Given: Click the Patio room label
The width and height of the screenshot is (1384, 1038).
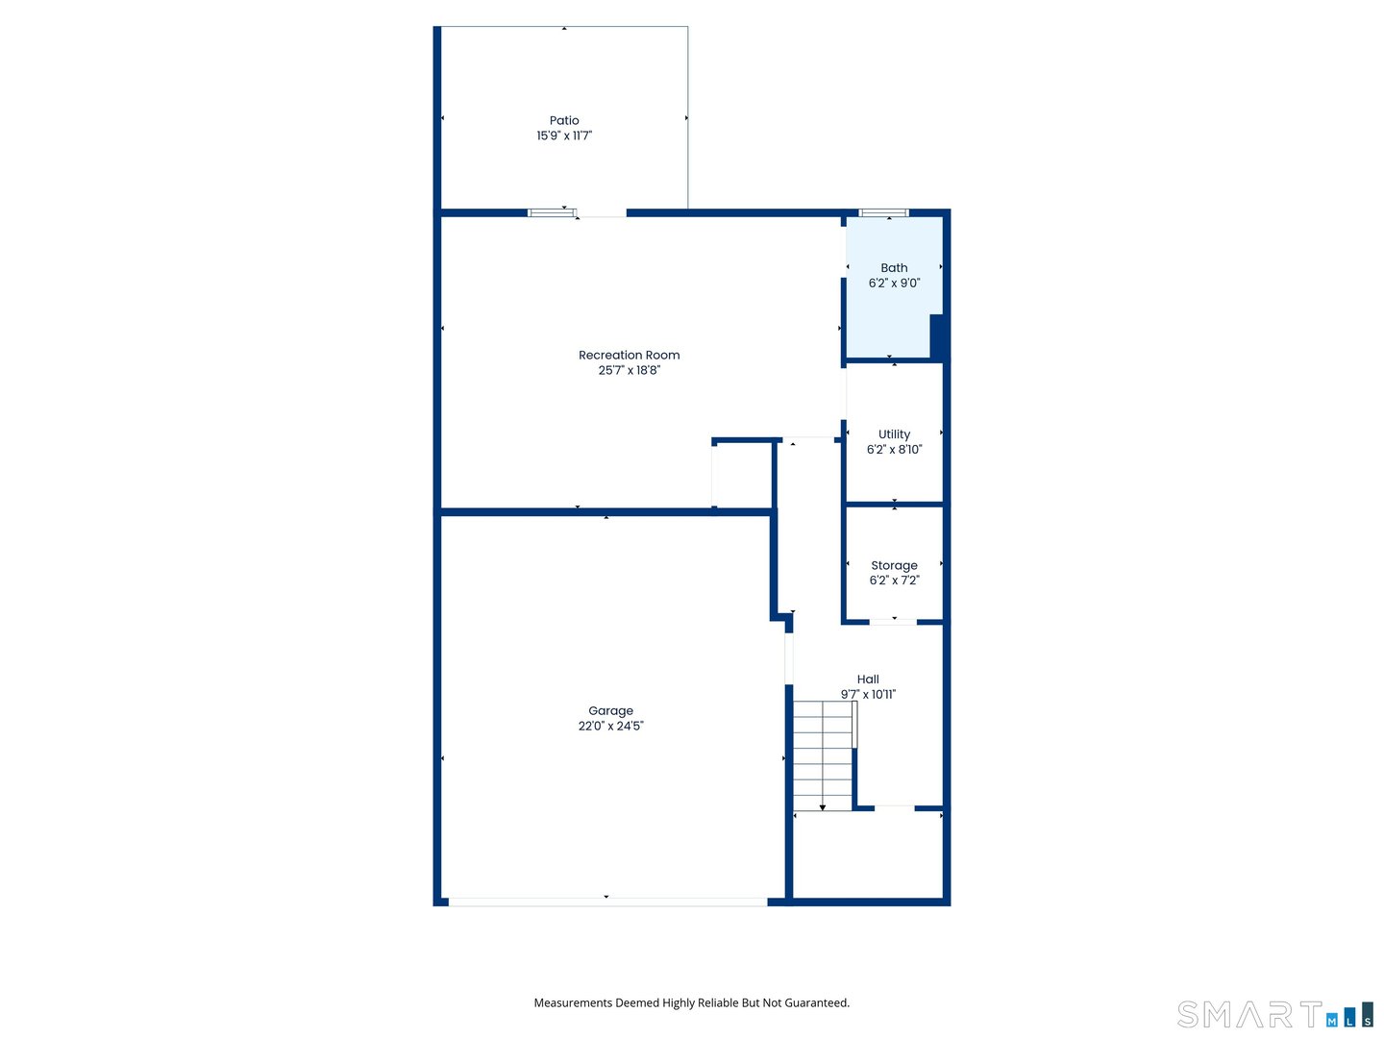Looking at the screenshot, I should (564, 120).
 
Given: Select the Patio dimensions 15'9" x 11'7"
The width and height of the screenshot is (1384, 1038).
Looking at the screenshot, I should (564, 136).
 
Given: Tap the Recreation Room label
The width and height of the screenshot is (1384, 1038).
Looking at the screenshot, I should (629, 355).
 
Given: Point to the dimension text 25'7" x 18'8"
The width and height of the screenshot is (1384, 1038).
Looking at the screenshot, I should (629, 370).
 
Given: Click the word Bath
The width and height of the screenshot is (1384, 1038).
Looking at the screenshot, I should (894, 268).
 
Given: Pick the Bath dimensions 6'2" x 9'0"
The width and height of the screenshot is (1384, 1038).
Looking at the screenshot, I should (894, 283).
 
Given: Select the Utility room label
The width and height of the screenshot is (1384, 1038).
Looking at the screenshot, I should (894, 434).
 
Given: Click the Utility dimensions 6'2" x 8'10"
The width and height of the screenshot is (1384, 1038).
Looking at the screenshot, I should (894, 449).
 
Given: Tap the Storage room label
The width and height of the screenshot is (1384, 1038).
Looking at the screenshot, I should (894, 565).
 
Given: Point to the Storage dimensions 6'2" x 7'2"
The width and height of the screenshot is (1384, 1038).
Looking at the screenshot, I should (894, 580).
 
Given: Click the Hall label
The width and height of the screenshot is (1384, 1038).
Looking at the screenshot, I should (868, 679).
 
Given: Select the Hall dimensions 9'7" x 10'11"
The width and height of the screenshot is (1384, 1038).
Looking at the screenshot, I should (868, 694).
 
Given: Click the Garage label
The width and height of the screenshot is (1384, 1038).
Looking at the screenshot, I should (610, 710).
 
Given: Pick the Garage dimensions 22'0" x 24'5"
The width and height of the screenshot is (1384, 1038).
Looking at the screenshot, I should (610, 726).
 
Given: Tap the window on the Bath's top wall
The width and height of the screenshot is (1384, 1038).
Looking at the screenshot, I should (883, 212).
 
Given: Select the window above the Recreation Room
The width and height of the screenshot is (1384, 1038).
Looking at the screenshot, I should (552, 212).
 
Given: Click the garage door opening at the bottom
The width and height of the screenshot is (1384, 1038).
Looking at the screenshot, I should (607, 902).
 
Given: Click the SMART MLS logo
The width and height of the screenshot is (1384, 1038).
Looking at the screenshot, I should (1274, 1015).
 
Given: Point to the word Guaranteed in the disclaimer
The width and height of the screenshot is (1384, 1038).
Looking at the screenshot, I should (816, 1002).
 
